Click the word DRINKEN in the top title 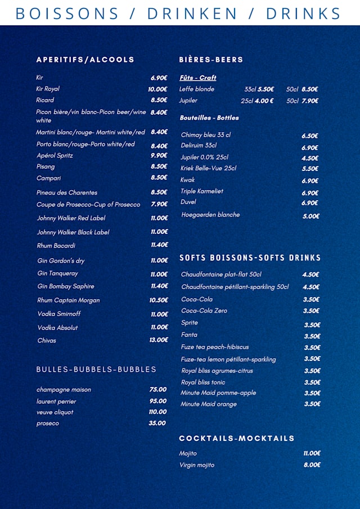click(x=192, y=13)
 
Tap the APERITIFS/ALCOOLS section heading click(x=85, y=60)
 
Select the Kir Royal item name click(x=48, y=89)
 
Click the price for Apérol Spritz click(x=159, y=156)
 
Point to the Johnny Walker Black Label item click(x=73, y=232)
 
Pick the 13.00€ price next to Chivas click(x=159, y=340)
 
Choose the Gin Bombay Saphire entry click(x=66, y=286)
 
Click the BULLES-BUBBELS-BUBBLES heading click(x=96, y=370)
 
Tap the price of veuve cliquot click(x=157, y=412)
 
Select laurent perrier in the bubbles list click(x=56, y=402)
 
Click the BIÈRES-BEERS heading click(x=211, y=60)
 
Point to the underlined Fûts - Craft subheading click(x=198, y=78)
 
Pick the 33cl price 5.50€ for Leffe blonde click(x=265, y=89)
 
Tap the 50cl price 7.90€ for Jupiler click(x=310, y=101)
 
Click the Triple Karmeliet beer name click(x=202, y=191)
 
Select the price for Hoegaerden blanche click(x=311, y=217)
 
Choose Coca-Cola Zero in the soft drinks click(x=204, y=310)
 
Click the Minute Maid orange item click(x=209, y=404)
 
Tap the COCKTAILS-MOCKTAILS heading click(x=237, y=438)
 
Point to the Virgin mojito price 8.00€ click(x=312, y=465)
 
